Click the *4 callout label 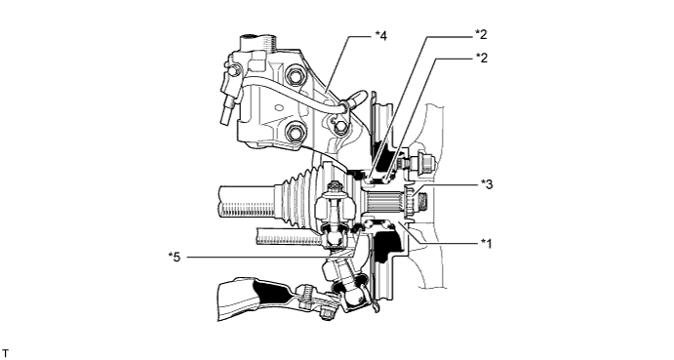pyautogui.click(x=380, y=36)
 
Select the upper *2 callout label pyautogui.click(x=481, y=34)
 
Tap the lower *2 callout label pyautogui.click(x=481, y=58)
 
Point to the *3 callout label pyautogui.click(x=487, y=184)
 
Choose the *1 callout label pyautogui.click(x=486, y=244)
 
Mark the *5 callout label pyautogui.click(x=175, y=258)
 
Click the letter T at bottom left pyautogui.click(x=5, y=353)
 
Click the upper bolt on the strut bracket pyautogui.click(x=295, y=75)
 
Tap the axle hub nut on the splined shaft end pyautogui.click(x=410, y=200)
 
